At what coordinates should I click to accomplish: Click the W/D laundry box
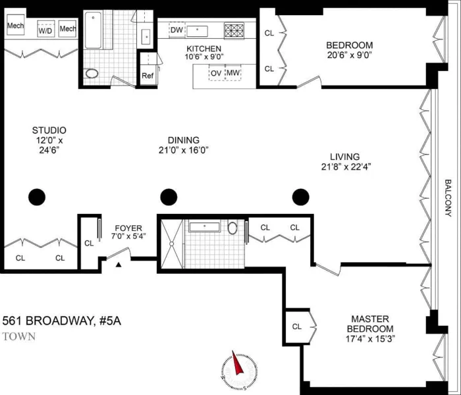tap(45, 30)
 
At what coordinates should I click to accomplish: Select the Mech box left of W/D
tap(15, 26)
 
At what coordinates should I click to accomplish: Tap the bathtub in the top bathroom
tap(93, 29)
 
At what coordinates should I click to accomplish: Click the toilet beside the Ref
tap(92, 73)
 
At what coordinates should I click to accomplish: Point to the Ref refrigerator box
tap(148, 76)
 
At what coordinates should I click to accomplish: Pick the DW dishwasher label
tap(176, 30)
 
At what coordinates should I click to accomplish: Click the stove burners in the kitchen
tap(234, 30)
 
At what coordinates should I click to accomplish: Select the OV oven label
tap(215, 72)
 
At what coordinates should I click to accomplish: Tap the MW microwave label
tap(233, 72)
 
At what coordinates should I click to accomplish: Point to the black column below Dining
tap(169, 196)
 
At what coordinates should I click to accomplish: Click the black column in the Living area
tap(301, 196)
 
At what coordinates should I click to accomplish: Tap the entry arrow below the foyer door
tap(119, 265)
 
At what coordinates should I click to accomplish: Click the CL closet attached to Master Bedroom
tap(297, 326)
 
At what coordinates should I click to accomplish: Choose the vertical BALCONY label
tap(448, 198)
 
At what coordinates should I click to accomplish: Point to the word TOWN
tap(19, 336)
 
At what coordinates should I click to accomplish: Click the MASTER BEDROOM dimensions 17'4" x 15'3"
tap(372, 340)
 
